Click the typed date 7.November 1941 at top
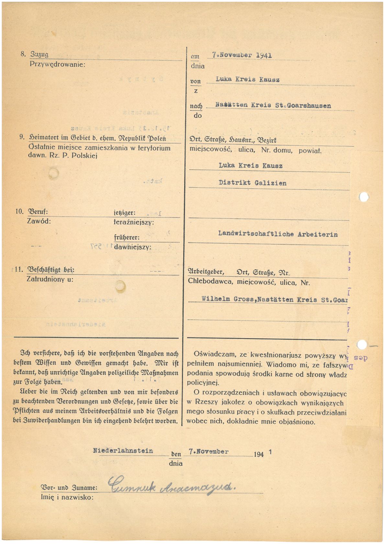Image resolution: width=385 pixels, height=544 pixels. click(242, 55)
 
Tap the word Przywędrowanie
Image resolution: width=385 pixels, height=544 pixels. click(57, 64)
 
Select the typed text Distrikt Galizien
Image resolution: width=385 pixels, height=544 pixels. click(252, 183)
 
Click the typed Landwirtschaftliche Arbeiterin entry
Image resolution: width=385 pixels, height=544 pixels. click(277, 234)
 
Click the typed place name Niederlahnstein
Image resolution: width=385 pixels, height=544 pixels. click(123, 450)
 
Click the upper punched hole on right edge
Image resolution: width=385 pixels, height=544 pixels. click(364, 196)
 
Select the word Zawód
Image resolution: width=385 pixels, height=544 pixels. click(39, 222)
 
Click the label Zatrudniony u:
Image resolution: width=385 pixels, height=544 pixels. click(50, 279)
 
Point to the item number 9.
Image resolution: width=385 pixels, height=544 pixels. click(22, 137)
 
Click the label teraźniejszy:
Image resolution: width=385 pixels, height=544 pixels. click(134, 223)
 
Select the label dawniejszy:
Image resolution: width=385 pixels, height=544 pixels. click(132, 247)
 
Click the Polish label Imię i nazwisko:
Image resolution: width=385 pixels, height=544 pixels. click(67, 497)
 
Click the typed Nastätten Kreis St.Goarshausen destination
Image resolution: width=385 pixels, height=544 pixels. click(273, 105)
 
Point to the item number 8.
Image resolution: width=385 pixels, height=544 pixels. click(23, 54)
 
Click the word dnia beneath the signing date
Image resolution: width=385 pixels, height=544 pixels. click(176, 463)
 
